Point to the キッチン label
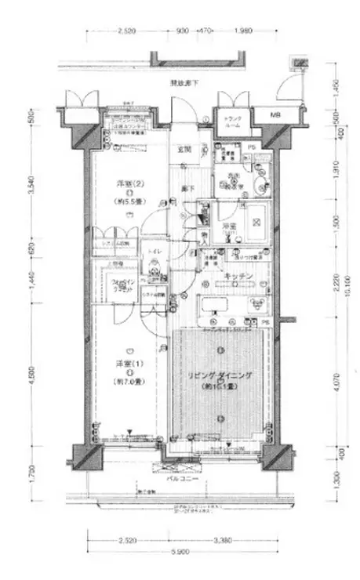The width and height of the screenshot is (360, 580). (x=236, y=277)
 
